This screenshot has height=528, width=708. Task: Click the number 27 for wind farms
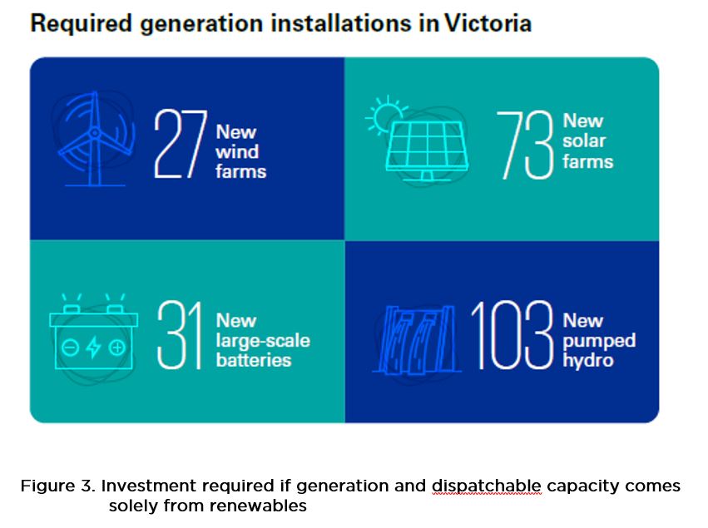[181, 144]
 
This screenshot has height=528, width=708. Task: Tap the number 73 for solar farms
[525, 145]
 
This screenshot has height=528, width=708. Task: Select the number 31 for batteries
[179, 335]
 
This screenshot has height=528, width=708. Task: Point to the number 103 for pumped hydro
[512, 335]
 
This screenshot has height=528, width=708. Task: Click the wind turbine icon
[95, 138]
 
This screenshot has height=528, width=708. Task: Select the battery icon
[93, 335]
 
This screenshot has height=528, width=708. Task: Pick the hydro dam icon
[416, 339]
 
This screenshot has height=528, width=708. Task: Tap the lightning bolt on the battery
[93, 347]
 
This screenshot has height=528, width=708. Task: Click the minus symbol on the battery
[71, 348]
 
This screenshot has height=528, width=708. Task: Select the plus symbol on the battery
[117, 348]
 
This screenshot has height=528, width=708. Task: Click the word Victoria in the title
[488, 23]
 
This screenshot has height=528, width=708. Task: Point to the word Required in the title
[82, 24]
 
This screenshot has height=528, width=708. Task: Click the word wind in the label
[237, 151]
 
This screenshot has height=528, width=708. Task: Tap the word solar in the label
[584, 141]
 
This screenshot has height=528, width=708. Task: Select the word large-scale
[263, 341]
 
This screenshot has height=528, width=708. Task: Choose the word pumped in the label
[599, 341]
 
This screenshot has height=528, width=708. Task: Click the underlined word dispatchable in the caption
[487, 486]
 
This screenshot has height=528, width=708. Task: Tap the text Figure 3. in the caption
[58, 486]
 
